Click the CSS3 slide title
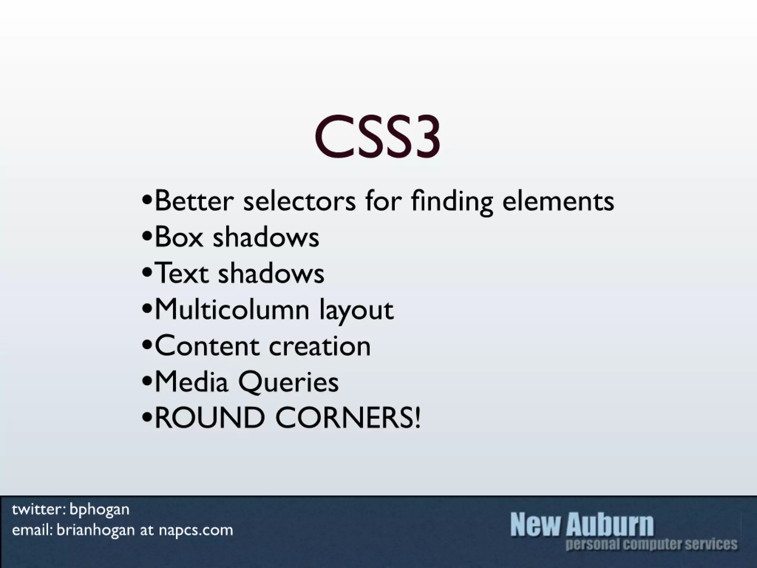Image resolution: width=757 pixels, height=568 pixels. tap(377, 136)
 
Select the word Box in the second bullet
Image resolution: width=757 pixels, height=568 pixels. tap(179, 237)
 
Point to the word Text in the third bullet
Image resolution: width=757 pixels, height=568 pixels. tap(181, 273)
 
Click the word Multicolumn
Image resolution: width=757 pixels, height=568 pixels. tap(232, 309)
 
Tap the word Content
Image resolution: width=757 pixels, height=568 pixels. tap(207, 346)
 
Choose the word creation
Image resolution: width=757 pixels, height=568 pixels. tap(320, 346)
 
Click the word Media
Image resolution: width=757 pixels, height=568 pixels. tap(191, 382)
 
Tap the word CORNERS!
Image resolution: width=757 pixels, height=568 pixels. tap(348, 417)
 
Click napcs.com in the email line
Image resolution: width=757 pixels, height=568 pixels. tap(196, 530)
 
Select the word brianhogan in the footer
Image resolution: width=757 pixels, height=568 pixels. tap(96, 530)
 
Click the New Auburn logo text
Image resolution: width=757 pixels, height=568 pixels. tap(582, 524)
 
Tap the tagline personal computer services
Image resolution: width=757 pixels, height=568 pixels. tap(651, 544)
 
